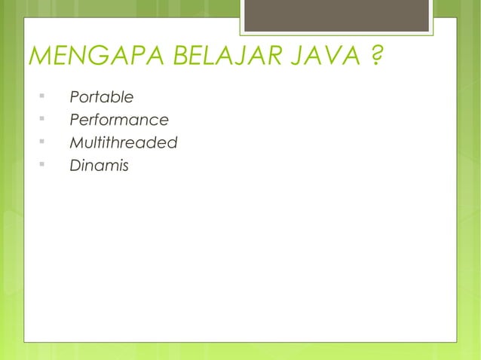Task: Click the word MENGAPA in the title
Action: (x=84, y=56)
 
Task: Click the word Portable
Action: (x=101, y=97)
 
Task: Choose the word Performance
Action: (x=118, y=120)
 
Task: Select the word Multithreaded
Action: (x=123, y=142)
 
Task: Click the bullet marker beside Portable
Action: (x=42, y=96)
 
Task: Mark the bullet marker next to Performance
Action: (x=42, y=119)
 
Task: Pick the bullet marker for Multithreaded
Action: (x=42, y=142)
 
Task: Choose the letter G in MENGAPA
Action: (x=91, y=56)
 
